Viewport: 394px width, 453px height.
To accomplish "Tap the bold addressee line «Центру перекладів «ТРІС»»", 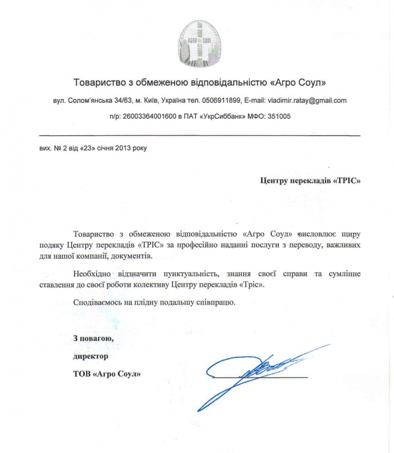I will point(310,181).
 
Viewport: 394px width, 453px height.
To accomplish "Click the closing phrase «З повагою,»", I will point(93,339).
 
